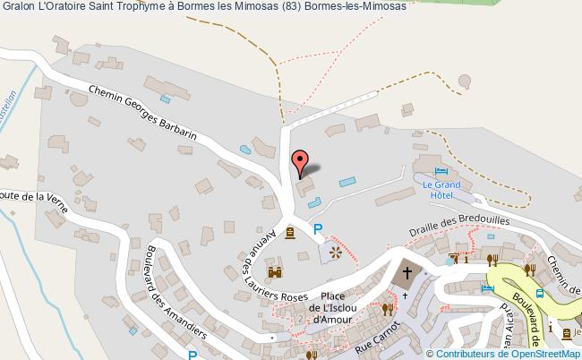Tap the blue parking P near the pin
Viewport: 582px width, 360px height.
tap(318, 229)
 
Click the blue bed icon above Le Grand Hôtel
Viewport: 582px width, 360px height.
tap(441, 172)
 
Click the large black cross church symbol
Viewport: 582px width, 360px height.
tap(408, 274)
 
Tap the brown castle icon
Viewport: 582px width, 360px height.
tap(275, 272)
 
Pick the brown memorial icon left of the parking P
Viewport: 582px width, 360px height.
tap(291, 235)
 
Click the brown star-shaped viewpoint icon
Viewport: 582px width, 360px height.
tap(336, 253)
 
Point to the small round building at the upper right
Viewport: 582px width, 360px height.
tap(465, 81)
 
